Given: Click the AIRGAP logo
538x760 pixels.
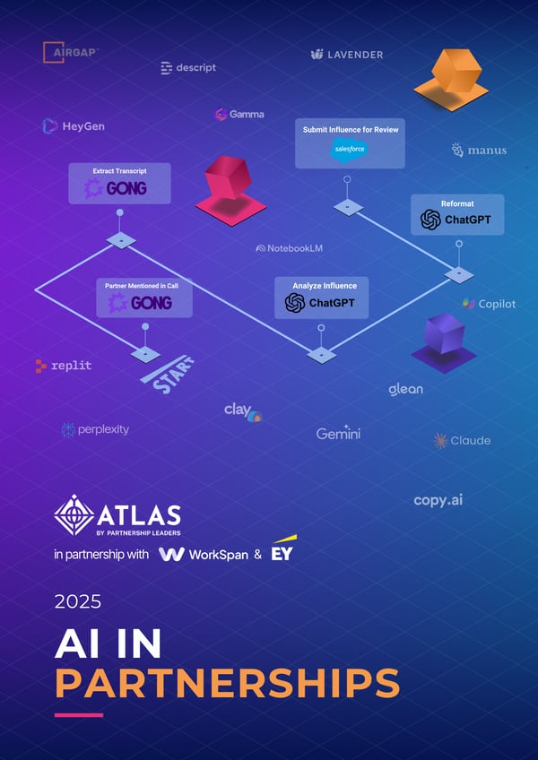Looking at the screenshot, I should pyautogui.click(x=72, y=53).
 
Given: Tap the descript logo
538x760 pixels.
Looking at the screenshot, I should pyautogui.click(x=188, y=67).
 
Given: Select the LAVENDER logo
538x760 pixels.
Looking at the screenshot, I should pyautogui.click(x=347, y=55).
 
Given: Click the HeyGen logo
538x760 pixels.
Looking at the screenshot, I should pyautogui.click(x=74, y=126).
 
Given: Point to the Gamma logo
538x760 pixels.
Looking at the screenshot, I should pyautogui.click(x=239, y=115).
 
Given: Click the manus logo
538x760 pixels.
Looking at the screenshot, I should pyautogui.click(x=480, y=151).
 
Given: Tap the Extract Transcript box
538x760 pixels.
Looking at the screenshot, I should pyautogui.click(x=119, y=183).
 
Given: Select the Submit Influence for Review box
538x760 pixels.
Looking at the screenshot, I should pyautogui.click(x=350, y=142).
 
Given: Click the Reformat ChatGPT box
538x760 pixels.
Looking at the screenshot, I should pyautogui.click(x=457, y=214).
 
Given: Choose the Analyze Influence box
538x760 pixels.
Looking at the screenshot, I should pyautogui.click(x=320, y=298).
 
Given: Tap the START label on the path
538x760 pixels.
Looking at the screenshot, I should pyautogui.click(x=168, y=373).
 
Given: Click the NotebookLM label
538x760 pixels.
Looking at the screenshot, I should pyautogui.click(x=290, y=248).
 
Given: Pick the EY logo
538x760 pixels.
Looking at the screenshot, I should pyautogui.click(x=283, y=551).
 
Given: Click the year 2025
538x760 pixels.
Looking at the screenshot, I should pyautogui.click(x=79, y=600).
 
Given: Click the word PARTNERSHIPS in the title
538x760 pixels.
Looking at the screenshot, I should pyautogui.click(x=227, y=682).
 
